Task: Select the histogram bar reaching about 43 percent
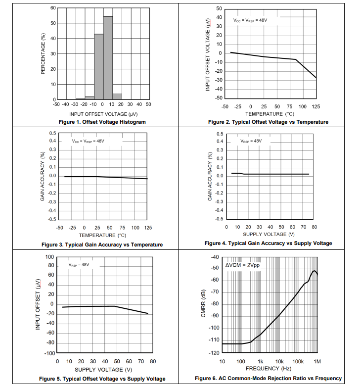click(99, 67)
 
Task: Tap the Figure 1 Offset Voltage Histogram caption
click(102, 122)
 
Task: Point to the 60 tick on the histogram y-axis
click(53, 8)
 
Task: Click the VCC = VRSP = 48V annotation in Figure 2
click(250, 20)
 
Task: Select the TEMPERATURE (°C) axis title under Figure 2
click(270, 114)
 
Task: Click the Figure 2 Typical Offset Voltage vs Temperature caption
click(268, 122)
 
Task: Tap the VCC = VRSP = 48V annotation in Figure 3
click(88, 142)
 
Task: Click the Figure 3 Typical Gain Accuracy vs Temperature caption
click(102, 244)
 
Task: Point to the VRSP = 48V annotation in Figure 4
click(251, 141)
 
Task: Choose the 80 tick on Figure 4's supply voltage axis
click(314, 227)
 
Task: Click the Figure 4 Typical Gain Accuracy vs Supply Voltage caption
click(268, 243)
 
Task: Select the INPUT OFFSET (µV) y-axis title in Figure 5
click(38, 304)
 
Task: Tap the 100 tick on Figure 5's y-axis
click(49, 257)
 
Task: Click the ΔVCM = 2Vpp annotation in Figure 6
click(243, 265)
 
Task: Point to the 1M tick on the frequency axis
click(317, 361)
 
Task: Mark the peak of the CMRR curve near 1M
click(314, 271)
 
